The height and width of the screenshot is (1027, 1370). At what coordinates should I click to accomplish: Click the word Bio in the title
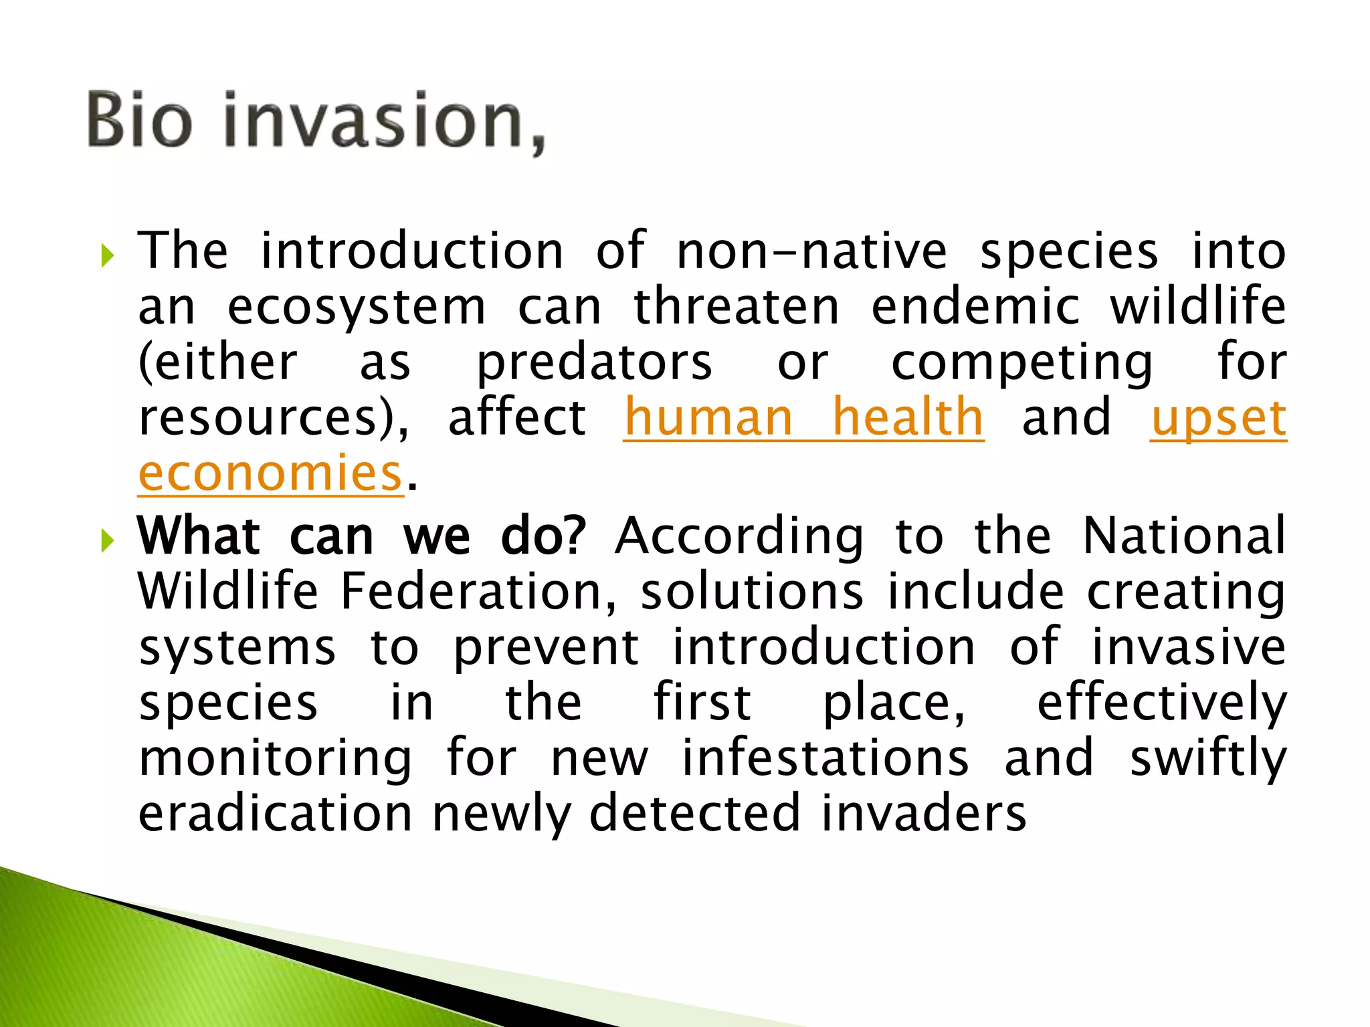(x=139, y=120)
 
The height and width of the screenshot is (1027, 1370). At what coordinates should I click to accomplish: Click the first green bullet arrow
(x=108, y=255)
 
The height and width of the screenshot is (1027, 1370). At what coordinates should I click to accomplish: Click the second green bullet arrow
(x=108, y=540)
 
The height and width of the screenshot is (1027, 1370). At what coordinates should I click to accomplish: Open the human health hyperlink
(x=803, y=418)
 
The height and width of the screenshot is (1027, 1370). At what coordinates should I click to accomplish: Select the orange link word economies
(x=270, y=473)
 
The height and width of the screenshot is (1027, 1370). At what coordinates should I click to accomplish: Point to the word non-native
(x=811, y=252)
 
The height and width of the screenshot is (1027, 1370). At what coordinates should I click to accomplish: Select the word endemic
(x=975, y=308)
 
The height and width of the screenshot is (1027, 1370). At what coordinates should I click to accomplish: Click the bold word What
(x=199, y=537)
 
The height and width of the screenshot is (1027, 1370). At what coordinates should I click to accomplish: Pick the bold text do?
(x=543, y=537)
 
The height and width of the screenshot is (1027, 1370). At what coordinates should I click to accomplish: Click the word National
(x=1184, y=537)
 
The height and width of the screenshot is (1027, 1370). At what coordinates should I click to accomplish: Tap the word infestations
(x=825, y=759)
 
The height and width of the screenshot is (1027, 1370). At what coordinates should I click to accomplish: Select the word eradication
(x=275, y=814)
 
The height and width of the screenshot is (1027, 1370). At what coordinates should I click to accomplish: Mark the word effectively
(x=1161, y=703)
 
